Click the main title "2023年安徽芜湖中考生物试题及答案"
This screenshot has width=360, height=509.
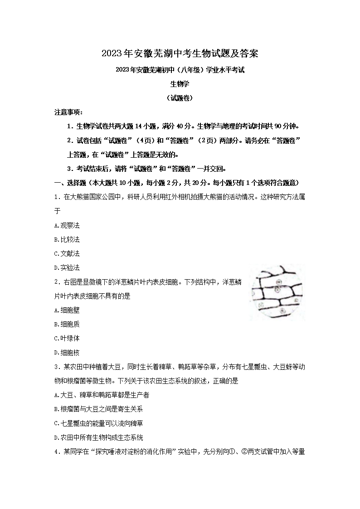(180, 53)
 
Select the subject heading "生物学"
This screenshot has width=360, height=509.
(180, 84)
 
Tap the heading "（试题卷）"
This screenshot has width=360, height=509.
(180, 98)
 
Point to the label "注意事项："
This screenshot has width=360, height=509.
(68, 112)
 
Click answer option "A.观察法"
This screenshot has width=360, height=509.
(67, 225)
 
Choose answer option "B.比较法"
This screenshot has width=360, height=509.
(67, 239)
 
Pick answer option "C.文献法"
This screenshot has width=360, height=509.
(67, 253)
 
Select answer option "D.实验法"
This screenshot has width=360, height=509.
(67, 267)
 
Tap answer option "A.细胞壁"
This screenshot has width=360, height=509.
(67, 310)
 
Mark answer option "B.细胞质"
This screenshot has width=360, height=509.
(67, 324)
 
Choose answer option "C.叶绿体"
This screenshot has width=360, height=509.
(67, 338)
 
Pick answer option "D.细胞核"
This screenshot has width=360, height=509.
(67, 352)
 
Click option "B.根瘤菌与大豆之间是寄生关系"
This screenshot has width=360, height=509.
(98, 409)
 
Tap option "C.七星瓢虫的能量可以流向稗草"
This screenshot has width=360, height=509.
(98, 423)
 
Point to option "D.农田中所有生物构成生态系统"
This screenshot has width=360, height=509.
(98, 437)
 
